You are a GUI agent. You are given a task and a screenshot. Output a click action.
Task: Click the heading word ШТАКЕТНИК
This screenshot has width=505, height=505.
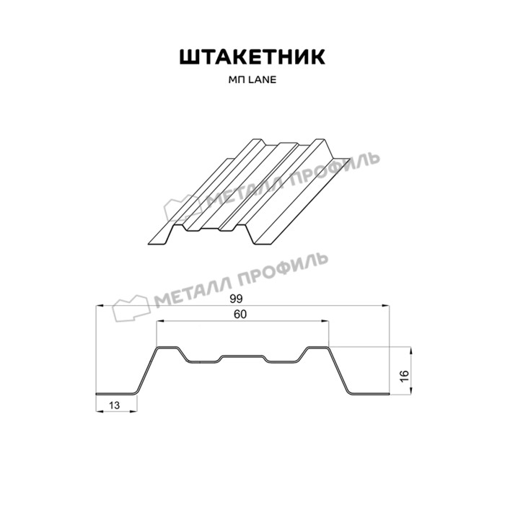coord(252,58)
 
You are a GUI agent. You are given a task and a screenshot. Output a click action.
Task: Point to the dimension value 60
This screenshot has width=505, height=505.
coord(240,315)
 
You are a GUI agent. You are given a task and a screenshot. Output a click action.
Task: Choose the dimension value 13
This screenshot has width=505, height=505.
coord(115,405)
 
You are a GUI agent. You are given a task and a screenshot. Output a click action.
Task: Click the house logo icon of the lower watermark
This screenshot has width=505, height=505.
coord(130,308)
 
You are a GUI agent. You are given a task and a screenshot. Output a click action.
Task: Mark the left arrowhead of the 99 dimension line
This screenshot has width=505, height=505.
coord(99,306)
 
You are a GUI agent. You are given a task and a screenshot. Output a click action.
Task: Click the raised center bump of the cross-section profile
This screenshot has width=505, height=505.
coord(243,356)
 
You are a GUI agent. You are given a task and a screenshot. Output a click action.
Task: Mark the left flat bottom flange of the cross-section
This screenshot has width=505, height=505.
coord(116,395)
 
